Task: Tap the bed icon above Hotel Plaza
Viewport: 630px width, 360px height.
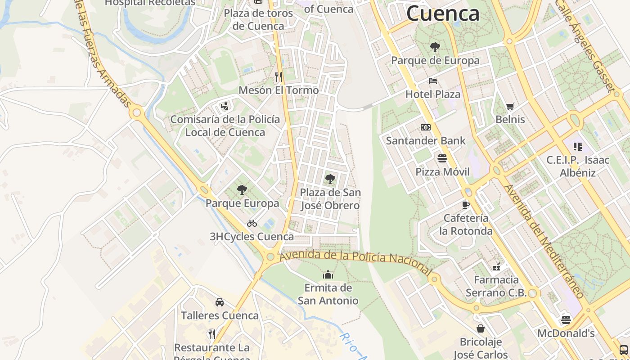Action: [x=433, y=81]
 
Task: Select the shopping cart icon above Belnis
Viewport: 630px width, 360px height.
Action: [x=510, y=107]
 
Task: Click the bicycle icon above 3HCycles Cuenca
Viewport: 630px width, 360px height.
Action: [x=252, y=223]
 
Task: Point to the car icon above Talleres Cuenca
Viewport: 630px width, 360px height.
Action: [x=220, y=302]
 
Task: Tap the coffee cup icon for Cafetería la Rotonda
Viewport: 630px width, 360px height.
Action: [x=466, y=205]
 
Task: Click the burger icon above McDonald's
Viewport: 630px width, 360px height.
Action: [x=566, y=320]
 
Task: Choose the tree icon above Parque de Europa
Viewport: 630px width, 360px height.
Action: [x=435, y=47]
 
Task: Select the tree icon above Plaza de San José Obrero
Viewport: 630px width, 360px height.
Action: [x=330, y=179]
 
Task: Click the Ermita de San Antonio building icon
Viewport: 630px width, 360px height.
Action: [x=328, y=274]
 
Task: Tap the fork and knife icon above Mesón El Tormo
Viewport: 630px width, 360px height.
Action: [x=279, y=77]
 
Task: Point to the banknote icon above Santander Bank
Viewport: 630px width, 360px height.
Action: [x=426, y=127]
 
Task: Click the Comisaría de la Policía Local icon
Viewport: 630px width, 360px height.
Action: [x=225, y=107]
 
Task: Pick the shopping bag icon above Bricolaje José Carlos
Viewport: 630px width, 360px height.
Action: [x=481, y=328]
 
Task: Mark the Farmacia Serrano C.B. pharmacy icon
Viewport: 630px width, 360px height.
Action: [x=496, y=267]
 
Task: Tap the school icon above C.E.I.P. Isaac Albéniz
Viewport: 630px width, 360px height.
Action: [x=578, y=147]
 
